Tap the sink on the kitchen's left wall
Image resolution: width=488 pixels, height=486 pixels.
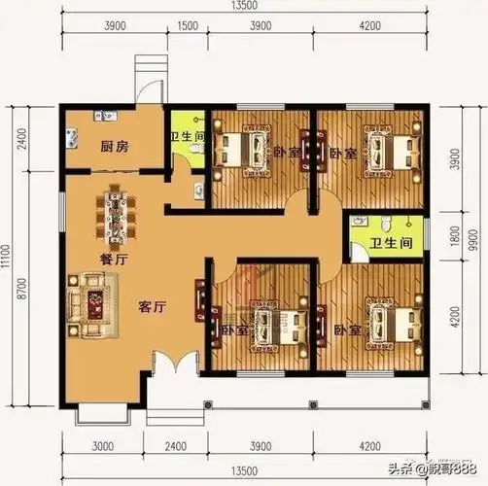click(x=70, y=135)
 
